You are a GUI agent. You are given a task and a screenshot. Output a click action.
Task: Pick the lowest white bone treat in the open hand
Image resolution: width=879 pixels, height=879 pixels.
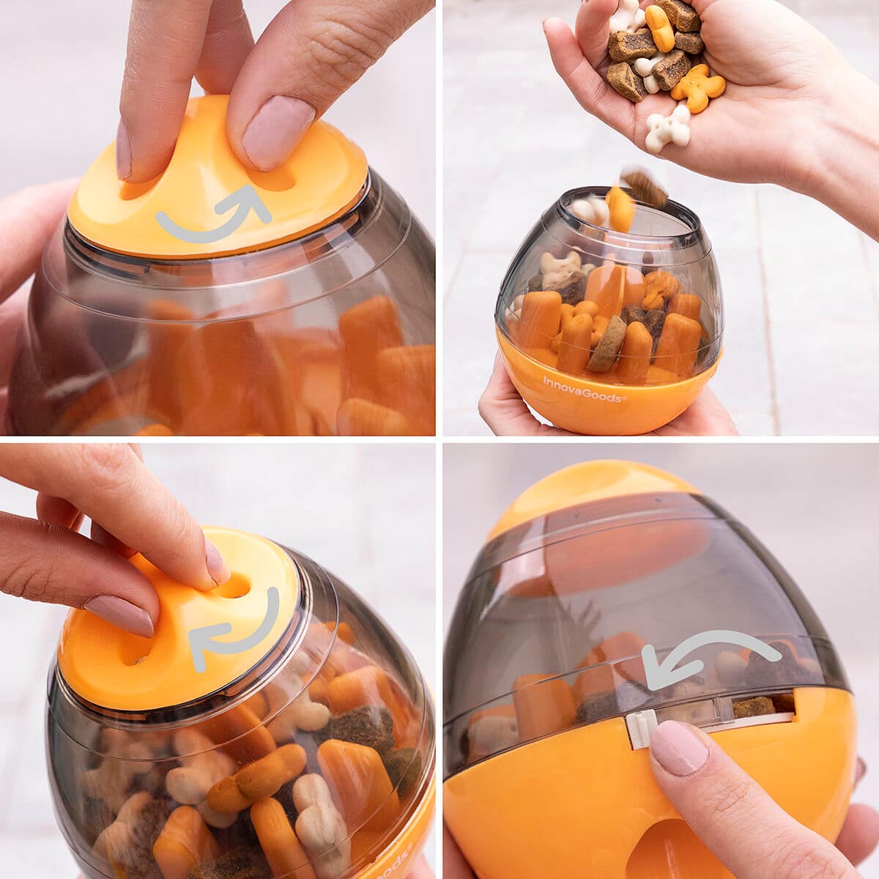tap(668, 129)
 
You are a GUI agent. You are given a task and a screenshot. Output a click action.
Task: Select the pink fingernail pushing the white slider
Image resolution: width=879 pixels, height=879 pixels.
tap(679, 747)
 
